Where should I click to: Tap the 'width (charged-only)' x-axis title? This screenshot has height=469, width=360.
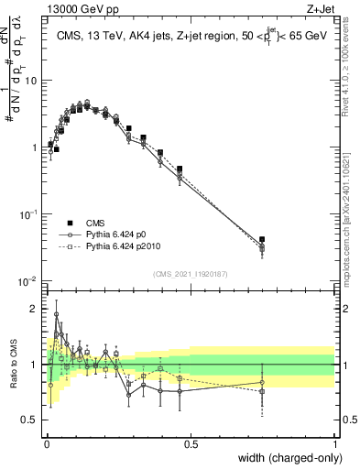point(284,459)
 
